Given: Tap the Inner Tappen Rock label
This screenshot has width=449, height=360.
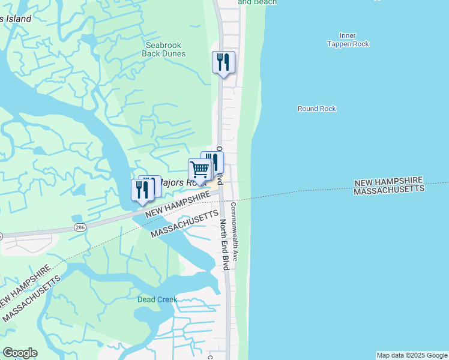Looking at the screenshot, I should [x=348, y=40].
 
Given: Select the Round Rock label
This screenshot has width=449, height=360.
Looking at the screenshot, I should [x=316, y=109].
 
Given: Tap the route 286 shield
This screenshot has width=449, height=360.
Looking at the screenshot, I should [x=80, y=227].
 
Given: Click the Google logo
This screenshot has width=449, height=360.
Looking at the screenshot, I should [x=20, y=353].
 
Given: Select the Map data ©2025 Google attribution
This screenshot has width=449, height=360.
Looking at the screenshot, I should [x=412, y=355].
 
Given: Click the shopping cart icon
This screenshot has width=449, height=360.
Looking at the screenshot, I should [x=199, y=169].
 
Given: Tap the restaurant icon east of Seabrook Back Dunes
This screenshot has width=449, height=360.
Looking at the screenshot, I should [x=223, y=62].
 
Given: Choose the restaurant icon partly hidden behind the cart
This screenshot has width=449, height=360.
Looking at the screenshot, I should [x=215, y=161].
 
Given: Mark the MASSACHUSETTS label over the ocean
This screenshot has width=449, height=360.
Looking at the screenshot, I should [x=389, y=189].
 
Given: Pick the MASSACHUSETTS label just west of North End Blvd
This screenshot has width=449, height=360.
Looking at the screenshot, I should [x=182, y=223].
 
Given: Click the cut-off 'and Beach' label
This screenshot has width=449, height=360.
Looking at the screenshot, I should [x=257, y=2].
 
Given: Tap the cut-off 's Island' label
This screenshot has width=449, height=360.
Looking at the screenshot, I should [x=16, y=19].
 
